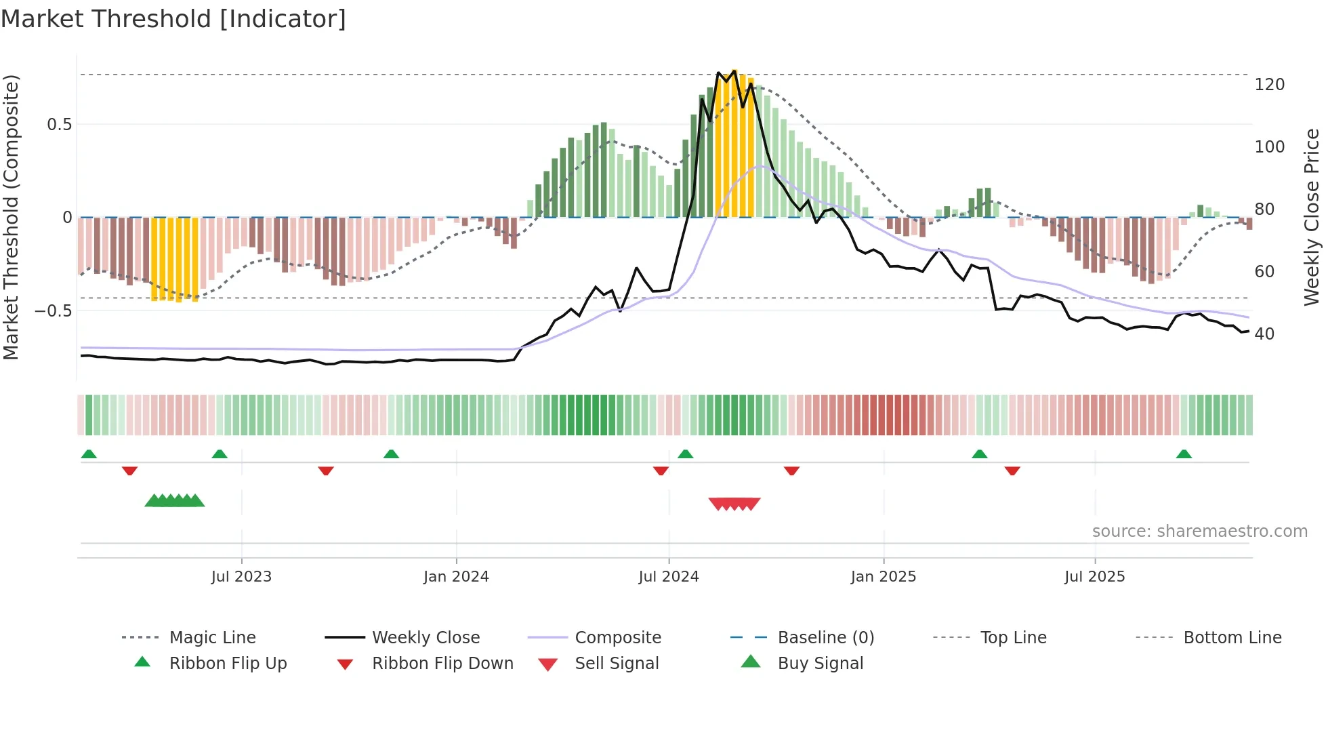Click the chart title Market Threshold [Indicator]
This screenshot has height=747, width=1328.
click(x=173, y=19)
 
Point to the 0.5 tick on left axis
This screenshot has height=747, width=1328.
click(x=60, y=125)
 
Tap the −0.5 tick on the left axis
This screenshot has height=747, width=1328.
click(x=54, y=311)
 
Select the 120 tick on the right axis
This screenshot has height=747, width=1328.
click(x=1269, y=85)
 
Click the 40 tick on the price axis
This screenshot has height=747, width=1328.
click(x=1264, y=334)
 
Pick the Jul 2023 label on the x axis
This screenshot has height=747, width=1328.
click(x=241, y=577)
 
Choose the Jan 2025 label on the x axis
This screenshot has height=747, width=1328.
click(x=883, y=577)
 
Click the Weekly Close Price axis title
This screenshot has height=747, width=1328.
click(x=1312, y=217)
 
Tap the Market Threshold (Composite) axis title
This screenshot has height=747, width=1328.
click(x=11, y=217)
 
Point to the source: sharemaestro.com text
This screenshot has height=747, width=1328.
click(x=1199, y=531)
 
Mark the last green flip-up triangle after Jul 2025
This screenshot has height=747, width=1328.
click(x=1184, y=454)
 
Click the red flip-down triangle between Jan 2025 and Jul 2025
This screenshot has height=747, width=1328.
click(x=1012, y=470)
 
